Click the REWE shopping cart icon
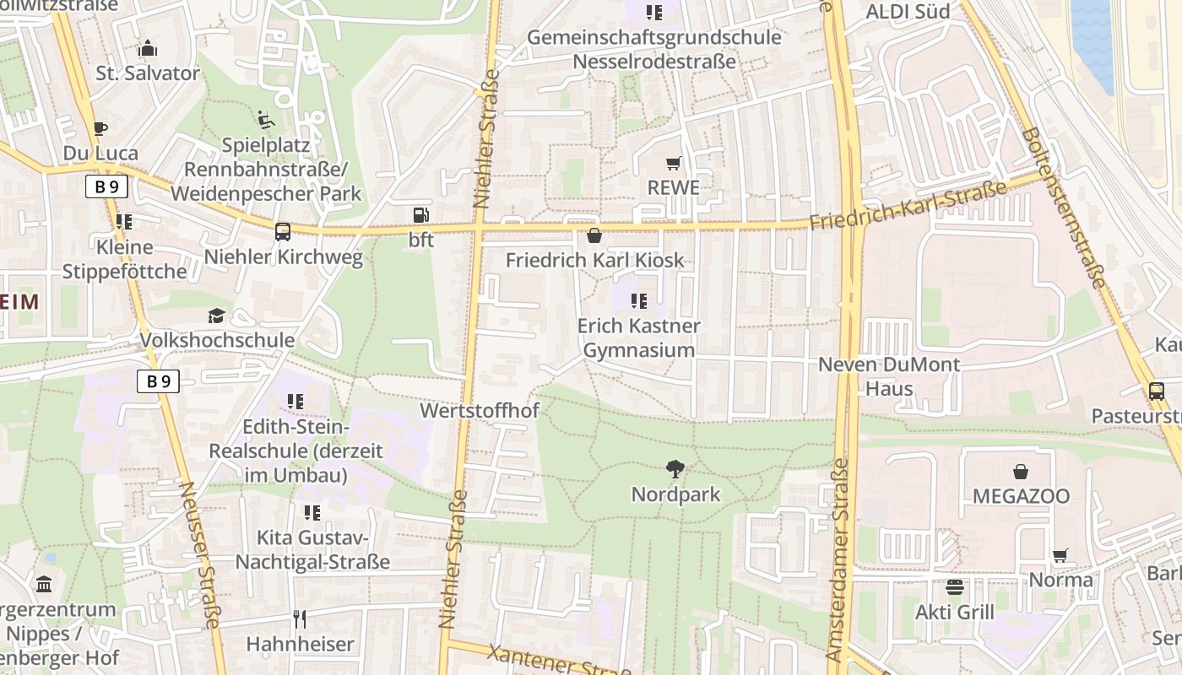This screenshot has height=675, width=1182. (x=673, y=163)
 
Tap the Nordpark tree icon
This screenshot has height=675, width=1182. (x=675, y=469)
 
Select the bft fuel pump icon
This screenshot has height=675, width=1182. (x=420, y=215)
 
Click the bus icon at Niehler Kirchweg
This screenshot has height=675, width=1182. (x=283, y=231)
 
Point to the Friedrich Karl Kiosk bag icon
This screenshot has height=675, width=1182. (x=594, y=235)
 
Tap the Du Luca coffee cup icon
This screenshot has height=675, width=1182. (x=100, y=129)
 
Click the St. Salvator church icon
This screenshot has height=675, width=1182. (x=148, y=48)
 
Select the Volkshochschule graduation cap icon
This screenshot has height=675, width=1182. (x=217, y=316)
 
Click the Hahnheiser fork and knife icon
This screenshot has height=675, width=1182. (x=300, y=619)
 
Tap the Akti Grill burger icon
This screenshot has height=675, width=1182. (x=955, y=587)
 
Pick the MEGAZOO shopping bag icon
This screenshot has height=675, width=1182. (x=1021, y=471)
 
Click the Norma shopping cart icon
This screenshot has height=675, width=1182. (x=1060, y=555)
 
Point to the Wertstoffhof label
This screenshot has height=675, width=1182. (x=479, y=411)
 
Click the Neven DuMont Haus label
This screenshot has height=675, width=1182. (x=889, y=376)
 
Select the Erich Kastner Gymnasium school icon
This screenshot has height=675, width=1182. (x=639, y=300)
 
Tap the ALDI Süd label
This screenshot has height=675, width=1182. (x=908, y=11)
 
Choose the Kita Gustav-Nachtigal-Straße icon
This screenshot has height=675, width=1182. (x=312, y=513)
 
